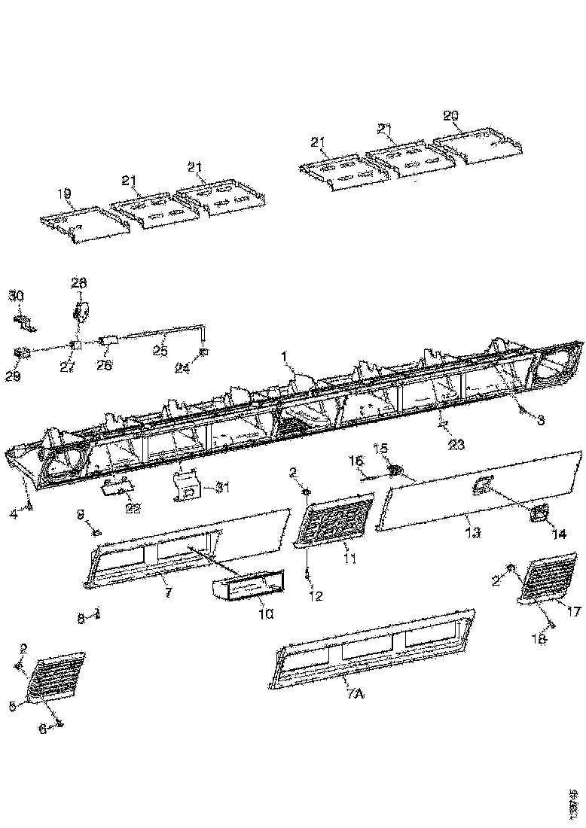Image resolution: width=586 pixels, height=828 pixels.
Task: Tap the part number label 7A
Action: click(355, 695)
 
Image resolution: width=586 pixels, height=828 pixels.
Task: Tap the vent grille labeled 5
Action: click(57, 677)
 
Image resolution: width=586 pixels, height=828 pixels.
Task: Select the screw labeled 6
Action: click(60, 726)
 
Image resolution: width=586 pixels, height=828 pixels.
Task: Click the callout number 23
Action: click(455, 444)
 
